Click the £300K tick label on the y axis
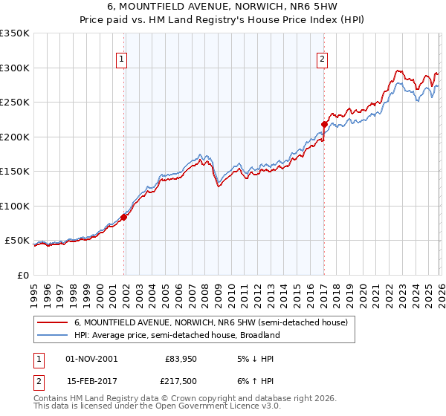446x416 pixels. coord(15,68)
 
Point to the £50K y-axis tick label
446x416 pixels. coord(18,241)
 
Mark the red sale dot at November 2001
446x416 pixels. coord(124,217)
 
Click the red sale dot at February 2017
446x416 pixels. coord(324,124)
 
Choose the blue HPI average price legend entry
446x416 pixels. coord(176,335)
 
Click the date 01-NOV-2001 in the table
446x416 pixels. coord(91,358)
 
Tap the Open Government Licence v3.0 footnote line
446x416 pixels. coord(158,406)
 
